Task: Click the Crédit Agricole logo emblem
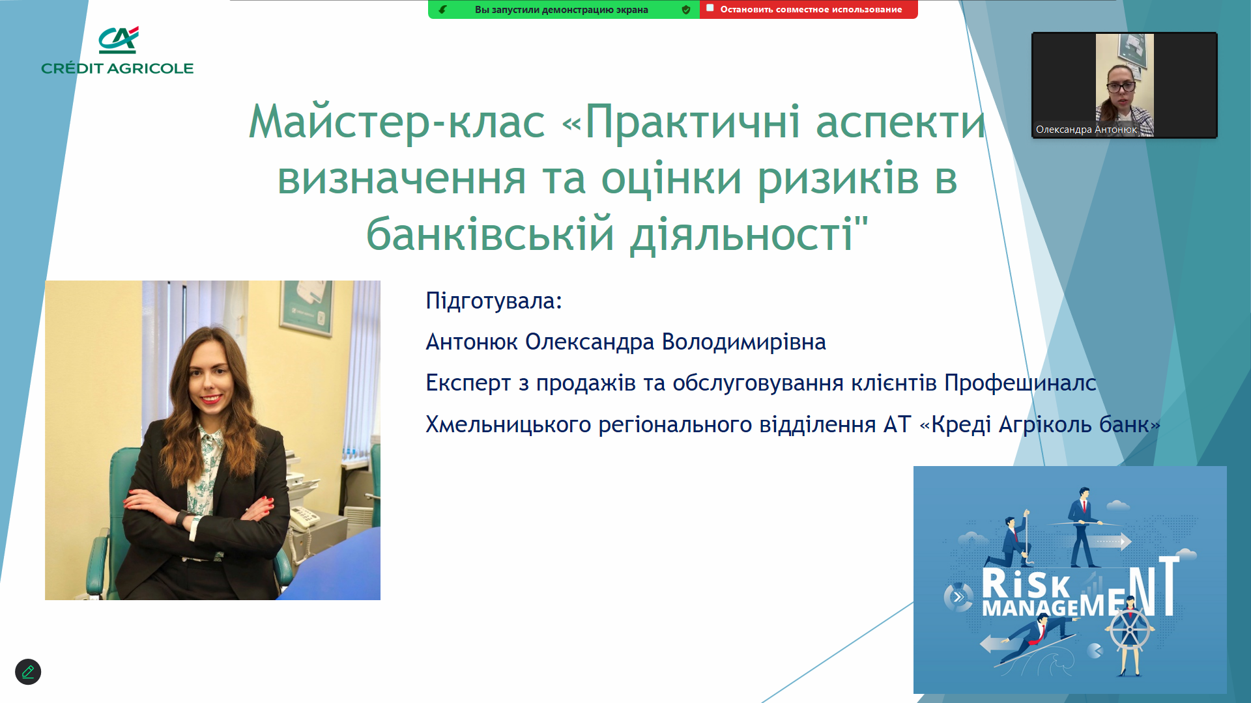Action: click(119, 40)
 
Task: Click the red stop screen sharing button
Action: click(809, 9)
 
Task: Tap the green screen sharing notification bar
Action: click(564, 9)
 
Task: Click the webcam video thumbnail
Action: click(1125, 85)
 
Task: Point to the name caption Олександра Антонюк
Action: click(1086, 130)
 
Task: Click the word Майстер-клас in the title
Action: click(397, 122)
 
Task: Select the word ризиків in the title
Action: click(838, 178)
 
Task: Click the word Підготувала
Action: click(493, 301)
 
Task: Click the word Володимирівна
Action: click(744, 342)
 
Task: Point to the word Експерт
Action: click(468, 383)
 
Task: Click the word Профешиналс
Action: click(1020, 383)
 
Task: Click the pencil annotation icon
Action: click(28, 672)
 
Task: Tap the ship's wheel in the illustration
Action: click(1130, 628)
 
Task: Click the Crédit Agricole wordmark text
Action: click(117, 68)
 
